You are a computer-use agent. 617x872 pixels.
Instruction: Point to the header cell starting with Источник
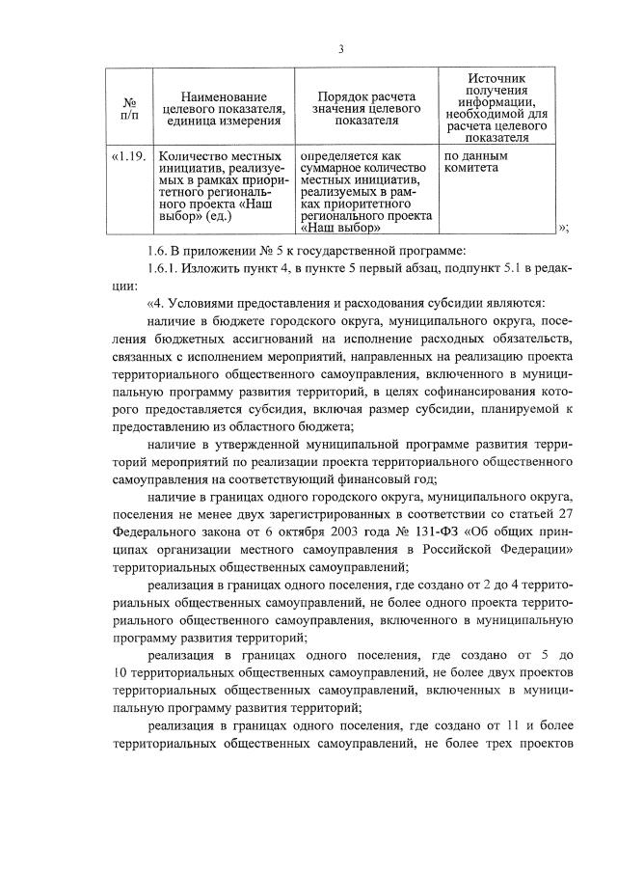click(496, 106)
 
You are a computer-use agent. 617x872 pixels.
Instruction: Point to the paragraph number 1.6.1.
click(159, 268)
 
